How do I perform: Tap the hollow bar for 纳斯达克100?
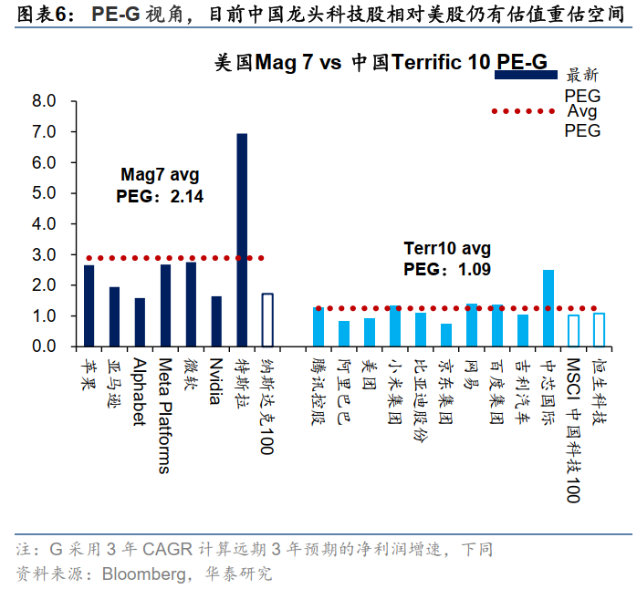pos(267,320)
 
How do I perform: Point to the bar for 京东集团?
pos(446,335)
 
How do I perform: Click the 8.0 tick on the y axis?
pos(44,100)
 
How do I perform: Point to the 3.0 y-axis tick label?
pos(44,254)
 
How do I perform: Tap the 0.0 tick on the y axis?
pos(44,346)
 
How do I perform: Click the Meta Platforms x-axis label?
pos(165,416)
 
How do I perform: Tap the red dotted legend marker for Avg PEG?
pos(524,111)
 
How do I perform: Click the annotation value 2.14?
pos(187,196)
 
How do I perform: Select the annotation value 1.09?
pos(475,270)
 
